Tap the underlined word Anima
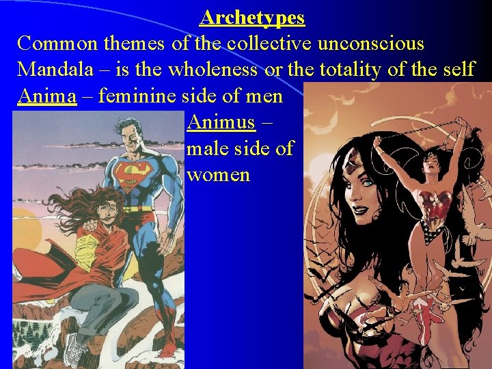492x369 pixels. coord(47,96)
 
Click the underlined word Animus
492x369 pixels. coord(221,122)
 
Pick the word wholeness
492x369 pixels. coord(213,69)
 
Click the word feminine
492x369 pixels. coord(141,96)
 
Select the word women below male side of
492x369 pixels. coord(218,174)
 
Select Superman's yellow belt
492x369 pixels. coord(140,206)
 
